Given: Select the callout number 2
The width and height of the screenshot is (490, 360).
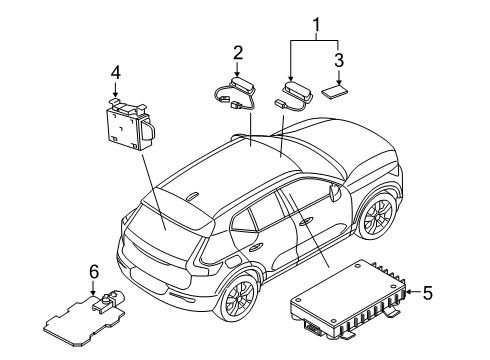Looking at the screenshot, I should (x=238, y=52).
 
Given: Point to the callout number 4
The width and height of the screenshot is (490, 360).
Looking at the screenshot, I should (x=116, y=72).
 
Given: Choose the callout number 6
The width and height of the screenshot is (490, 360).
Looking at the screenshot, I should (x=93, y=272).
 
